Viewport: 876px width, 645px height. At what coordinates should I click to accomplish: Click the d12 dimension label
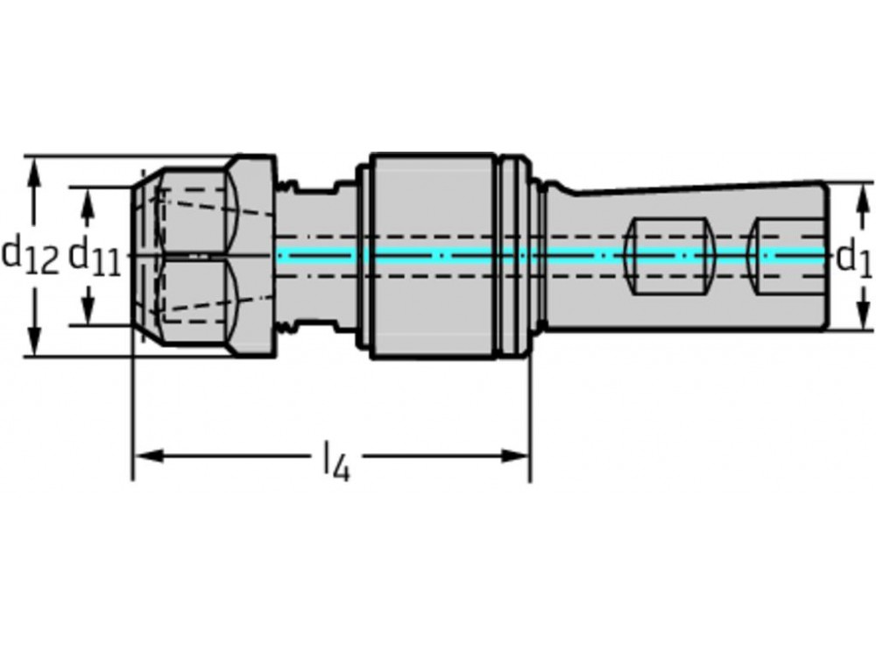pyautogui.click(x=29, y=256)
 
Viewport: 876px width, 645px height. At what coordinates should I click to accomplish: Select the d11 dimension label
pyautogui.click(x=94, y=257)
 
